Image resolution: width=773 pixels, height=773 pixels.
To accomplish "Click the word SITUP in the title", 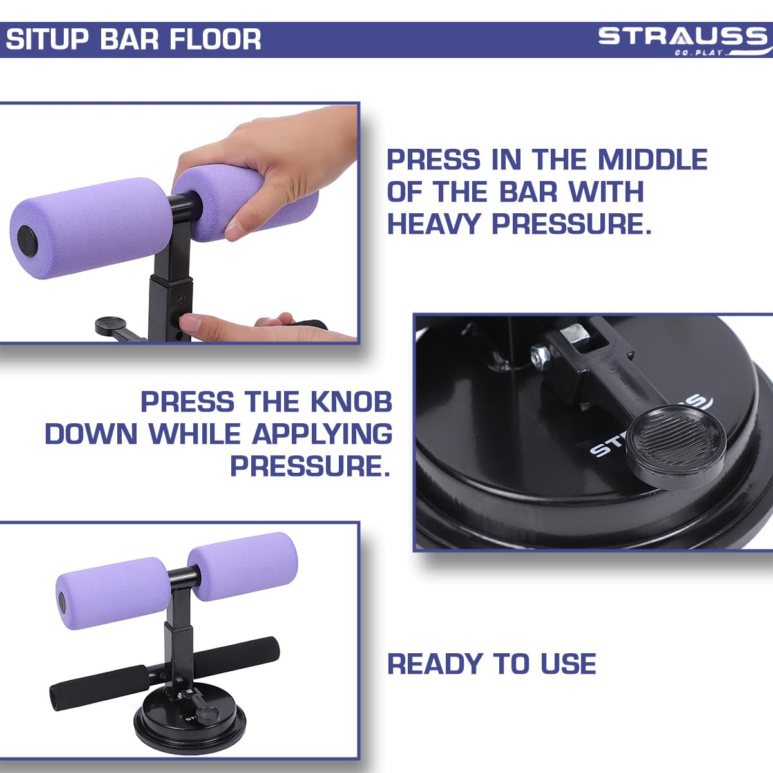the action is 47,39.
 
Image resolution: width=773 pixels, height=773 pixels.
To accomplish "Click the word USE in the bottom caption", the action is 568,664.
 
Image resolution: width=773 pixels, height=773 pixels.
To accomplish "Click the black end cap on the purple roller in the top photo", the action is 27,240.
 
